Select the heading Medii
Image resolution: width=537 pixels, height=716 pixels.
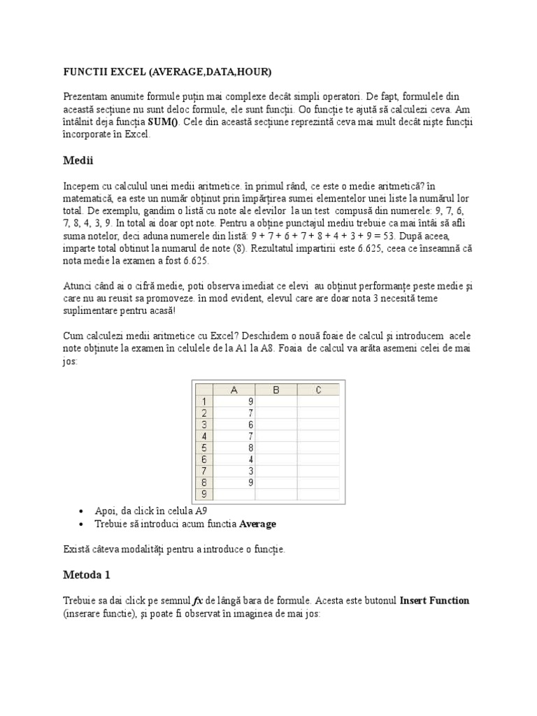(x=78, y=160)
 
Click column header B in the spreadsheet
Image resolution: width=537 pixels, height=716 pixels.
(x=276, y=390)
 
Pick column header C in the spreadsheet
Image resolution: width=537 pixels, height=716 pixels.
(x=318, y=390)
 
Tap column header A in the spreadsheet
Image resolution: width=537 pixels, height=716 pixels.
(x=234, y=390)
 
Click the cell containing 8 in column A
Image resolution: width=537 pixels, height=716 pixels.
(x=234, y=447)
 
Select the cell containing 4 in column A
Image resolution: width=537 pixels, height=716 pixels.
(x=234, y=459)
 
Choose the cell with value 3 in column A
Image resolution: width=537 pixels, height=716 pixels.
(x=234, y=471)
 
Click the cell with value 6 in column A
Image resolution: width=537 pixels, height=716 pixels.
(x=234, y=424)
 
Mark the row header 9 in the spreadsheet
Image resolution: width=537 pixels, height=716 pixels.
(x=203, y=494)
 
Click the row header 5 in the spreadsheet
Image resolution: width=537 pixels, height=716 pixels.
(x=203, y=447)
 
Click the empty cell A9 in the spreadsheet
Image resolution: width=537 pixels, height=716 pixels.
(x=234, y=494)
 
